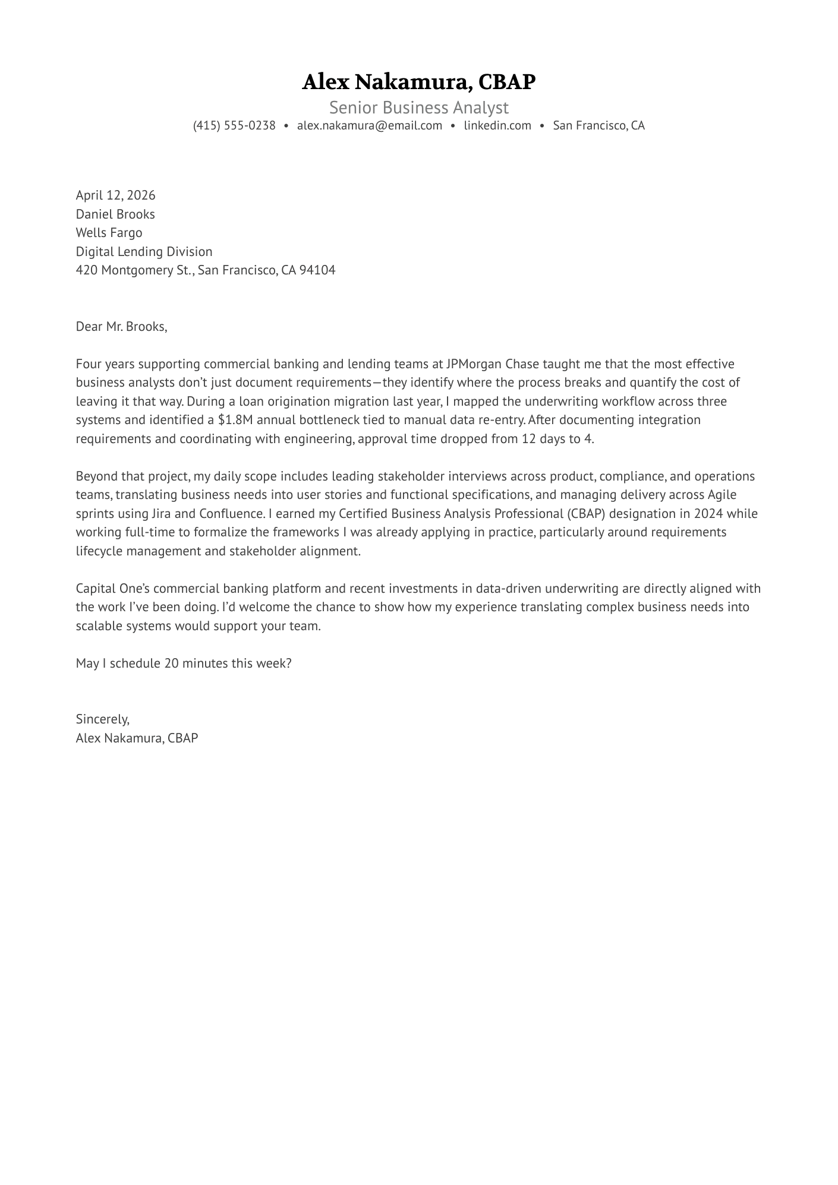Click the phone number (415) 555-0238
(234, 125)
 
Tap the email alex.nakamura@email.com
(370, 125)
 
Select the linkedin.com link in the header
(497, 125)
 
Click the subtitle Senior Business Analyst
(419, 108)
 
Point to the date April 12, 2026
(115, 195)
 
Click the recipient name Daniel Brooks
(115, 214)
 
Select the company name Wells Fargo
(109, 232)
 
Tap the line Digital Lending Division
(144, 251)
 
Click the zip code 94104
(317, 270)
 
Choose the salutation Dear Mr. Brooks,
(121, 326)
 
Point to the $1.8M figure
(235, 420)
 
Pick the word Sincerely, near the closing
(102, 719)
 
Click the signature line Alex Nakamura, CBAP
(137, 738)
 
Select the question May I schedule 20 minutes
(184, 663)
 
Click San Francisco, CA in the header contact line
(598, 125)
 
